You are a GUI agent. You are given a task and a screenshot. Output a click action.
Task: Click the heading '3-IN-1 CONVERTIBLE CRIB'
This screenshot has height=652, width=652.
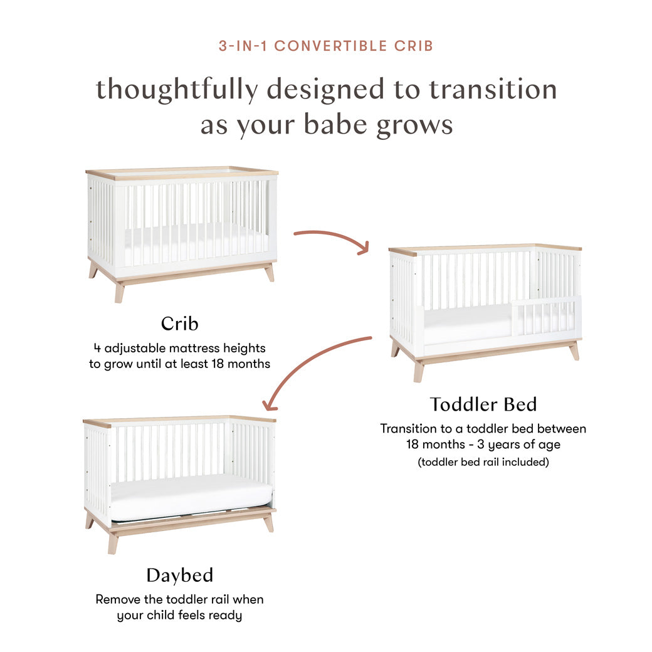pyautogui.click(x=326, y=46)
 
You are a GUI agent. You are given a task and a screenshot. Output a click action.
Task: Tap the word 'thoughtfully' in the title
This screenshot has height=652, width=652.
pyautogui.click(x=176, y=90)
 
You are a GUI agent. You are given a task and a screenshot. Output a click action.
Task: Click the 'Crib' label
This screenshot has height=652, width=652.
pyautogui.click(x=179, y=323)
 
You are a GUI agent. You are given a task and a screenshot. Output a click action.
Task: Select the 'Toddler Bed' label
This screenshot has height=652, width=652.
pyautogui.click(x=483, y=404)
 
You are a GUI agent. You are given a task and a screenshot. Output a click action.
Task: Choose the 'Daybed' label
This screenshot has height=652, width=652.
pyautogui.click(x=180, y=575)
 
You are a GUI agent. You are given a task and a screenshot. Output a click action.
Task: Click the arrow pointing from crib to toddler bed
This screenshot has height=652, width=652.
pyautogui.click(x=332, y=239)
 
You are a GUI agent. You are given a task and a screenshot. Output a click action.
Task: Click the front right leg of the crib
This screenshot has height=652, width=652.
pyautogui.click(x=269, y=273)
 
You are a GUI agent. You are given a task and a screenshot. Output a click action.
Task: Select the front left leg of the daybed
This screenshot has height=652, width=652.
pyautogui.click(x=113, y=543)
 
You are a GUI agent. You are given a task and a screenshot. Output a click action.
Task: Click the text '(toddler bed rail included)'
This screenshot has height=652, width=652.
pyautogui.click(x=483, y=462)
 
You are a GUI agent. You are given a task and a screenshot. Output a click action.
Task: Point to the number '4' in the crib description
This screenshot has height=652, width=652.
pyautogui.click(x=97, y=347)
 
